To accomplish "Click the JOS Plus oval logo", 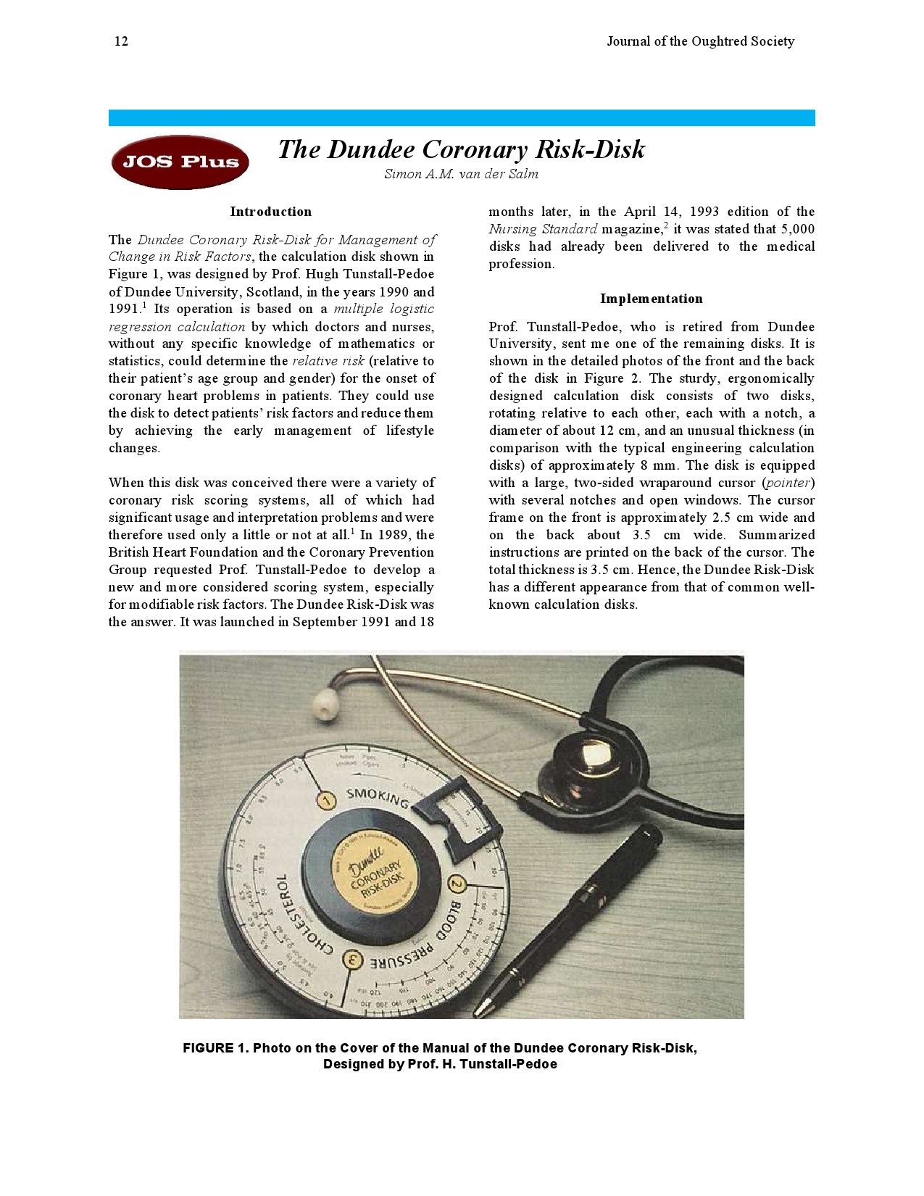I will (180, 162).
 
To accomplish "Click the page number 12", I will (121, 41).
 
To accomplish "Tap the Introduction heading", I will (270, 212).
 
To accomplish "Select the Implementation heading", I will (651, 299).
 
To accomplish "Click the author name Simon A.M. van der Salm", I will (461, 174).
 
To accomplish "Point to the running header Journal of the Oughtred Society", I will (700, 41).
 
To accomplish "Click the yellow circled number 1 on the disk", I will (327, 800).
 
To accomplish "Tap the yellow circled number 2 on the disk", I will (457, 884).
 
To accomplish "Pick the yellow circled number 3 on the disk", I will (353, 961).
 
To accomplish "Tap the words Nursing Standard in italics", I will (543, 229).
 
